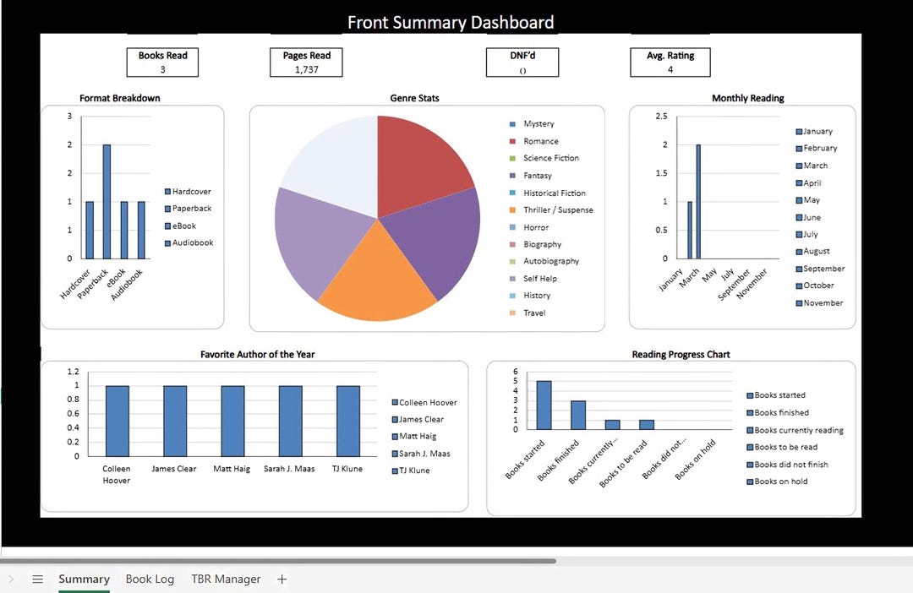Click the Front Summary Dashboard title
click(x=451, y=22)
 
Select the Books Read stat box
click(x=163, y=63)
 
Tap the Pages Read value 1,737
click(x=307, y=69)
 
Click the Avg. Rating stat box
click(x=670, y=63)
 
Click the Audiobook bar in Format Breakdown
click(x=141, y=230)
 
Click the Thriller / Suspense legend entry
click(x=557, y=210)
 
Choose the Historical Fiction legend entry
click(x=554, y=193)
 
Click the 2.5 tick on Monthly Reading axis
click(x=661, y=117)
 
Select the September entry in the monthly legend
click(x=823, y=269)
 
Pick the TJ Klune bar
click(x=348, y=421)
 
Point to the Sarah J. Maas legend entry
click(x=424, y=454)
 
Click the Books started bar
click(x=544, y=405)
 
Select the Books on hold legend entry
click(x=780, y=481)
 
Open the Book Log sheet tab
click(x=150, y=579)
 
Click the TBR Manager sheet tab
click(x=226, y=579)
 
